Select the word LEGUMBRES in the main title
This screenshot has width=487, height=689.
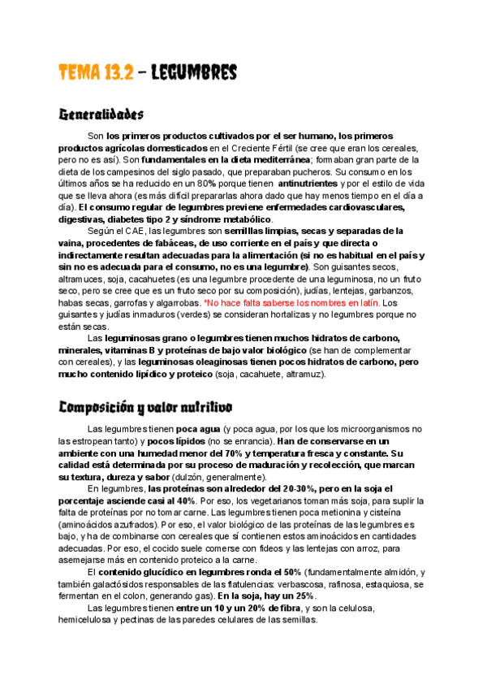(x=193, y=72)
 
